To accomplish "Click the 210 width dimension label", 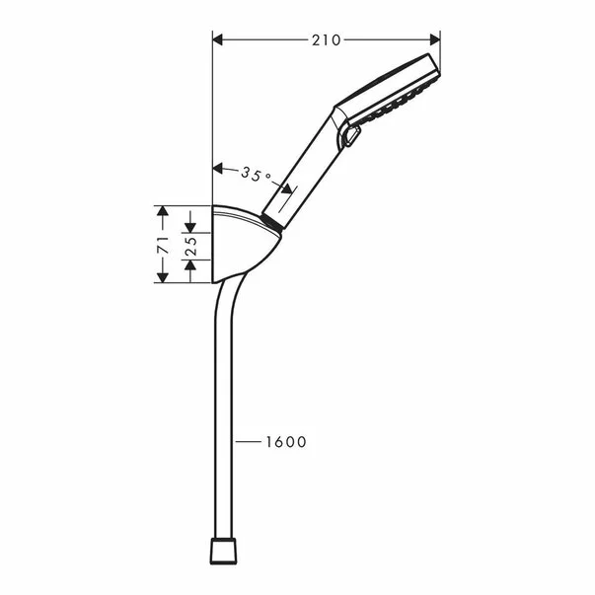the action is pos(326,39).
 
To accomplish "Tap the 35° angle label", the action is pos(257,175).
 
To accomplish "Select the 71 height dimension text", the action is pos(163,245).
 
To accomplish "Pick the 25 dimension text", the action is pos(191,246).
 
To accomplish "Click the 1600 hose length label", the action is pos(286,442).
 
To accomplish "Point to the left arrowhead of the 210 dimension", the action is pos(217,39).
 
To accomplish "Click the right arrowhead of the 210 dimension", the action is pos(435,39).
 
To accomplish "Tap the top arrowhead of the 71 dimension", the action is pos(163,211).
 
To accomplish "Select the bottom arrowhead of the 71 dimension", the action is pos(163,277).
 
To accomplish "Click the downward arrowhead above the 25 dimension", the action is pos(190,227).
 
